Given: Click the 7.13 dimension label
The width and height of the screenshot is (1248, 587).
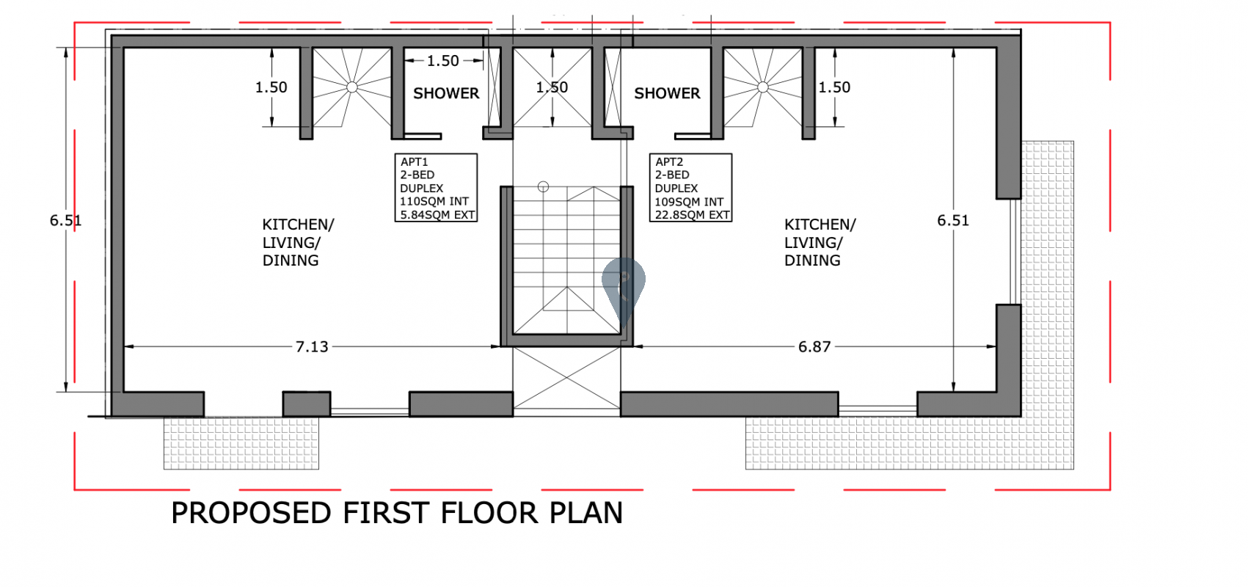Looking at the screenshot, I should (x=312, y=346).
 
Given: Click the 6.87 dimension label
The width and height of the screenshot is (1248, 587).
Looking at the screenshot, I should (x=814, y=346).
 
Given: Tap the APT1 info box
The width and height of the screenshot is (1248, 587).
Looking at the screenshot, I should (x=436, y=187).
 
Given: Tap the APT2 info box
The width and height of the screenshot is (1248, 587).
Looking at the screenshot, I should (x=690, y=187).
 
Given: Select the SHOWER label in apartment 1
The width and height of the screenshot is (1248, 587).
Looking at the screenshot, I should (x=445, y=93).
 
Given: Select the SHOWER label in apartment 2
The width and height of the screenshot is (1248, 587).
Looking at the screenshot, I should (x=667, y=93).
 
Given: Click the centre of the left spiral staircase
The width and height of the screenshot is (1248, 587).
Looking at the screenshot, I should (x=351, y=87).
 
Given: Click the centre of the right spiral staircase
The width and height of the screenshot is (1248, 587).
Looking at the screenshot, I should (x=762, y=87).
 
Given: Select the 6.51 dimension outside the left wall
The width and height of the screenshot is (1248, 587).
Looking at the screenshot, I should (x=65, y=220).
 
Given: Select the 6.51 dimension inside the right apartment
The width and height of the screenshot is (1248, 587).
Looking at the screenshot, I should (x=952, y=220).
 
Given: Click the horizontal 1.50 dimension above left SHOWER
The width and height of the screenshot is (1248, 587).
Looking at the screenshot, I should (x=443, y=61).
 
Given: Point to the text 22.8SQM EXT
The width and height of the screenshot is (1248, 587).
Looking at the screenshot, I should (x=692, y=215).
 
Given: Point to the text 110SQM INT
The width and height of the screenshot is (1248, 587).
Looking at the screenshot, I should (x=434, y=201).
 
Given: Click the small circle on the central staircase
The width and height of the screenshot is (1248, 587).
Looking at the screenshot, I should (x=543, y=186).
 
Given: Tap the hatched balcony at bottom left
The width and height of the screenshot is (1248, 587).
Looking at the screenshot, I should (x=241, y=443).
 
